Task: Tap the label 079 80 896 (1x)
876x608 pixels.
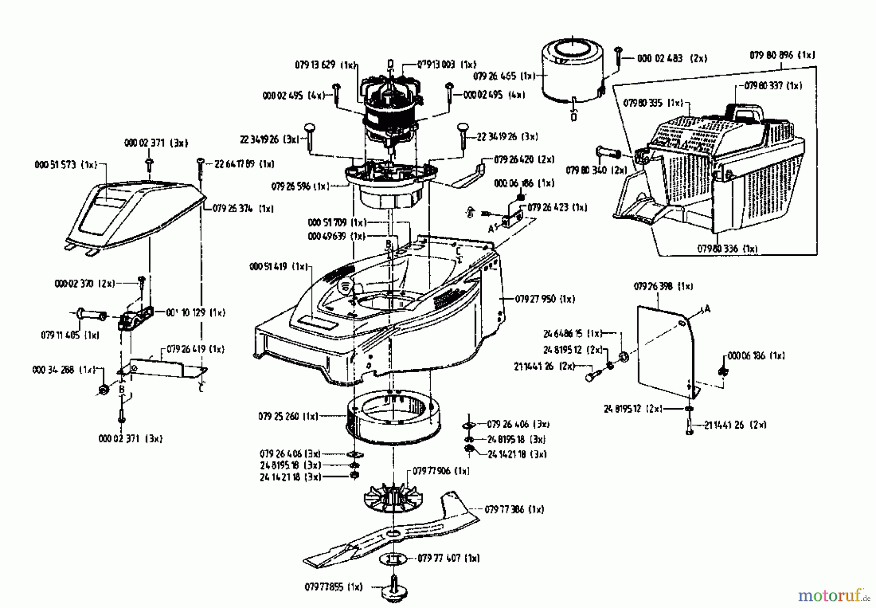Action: [x=782, y=56]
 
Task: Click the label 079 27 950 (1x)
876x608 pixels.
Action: [x=545, y=299]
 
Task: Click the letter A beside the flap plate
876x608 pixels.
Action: [x=707, y=309]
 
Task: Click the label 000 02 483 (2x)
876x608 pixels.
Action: [x=672, y=58]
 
